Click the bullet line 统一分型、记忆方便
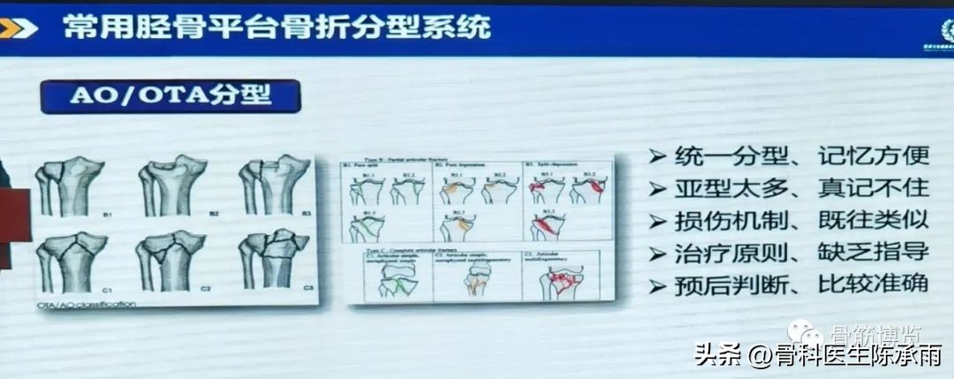[x=799, y=156]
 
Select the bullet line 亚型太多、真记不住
[x=799, y=188]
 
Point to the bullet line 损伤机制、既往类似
[x=799, y=221]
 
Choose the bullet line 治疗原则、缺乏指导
[x=799, y=253]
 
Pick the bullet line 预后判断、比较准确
[x=799, y=285]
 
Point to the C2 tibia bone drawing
[x=173, y=260]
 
